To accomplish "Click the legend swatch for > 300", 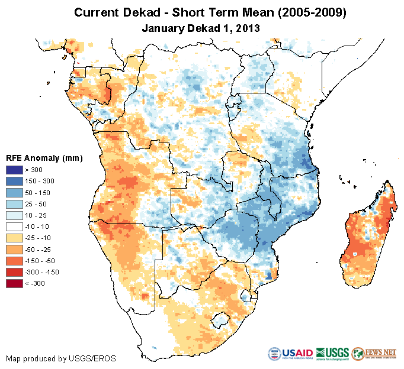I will coord(14,170).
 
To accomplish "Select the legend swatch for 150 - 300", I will coord(14,182).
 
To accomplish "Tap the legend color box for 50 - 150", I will coord(14,193).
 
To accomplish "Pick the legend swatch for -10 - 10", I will coord(14,226).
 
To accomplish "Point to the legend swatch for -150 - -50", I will coord(14,260).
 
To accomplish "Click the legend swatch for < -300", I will coord(14,283).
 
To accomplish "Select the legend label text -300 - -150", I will coord(44,272).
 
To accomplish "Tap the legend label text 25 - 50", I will coord(39,204).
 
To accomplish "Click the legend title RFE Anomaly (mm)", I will coord(44,158).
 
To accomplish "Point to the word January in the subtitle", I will coord(162,28).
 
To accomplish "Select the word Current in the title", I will coord(97,12).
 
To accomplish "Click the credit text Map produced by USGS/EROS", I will coord(61,358).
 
